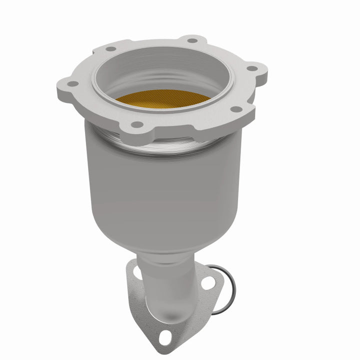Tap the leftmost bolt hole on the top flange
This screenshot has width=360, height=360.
tap(73, 83)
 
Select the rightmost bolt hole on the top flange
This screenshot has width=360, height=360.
tap(252, 68)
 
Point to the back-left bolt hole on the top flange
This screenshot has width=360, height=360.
tap(111, 48)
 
